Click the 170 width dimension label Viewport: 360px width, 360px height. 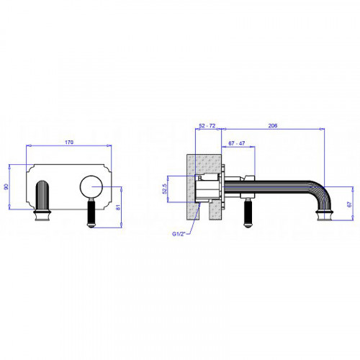(69, 143)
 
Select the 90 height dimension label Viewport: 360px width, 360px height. (6, 186)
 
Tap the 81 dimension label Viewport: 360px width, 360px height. (118, 207)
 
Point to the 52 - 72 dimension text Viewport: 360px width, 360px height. (207, 125)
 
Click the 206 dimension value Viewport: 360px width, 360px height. (273, 125)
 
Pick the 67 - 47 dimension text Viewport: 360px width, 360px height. (237, 143)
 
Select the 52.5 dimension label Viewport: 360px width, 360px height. (164, 189)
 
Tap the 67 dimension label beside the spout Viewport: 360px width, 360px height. (349, 204)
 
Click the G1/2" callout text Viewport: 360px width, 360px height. (179, 234)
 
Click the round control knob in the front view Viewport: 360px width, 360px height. (91, 187)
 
